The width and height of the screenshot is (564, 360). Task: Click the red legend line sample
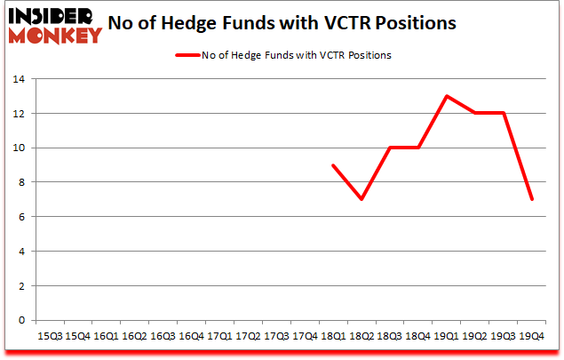[189, 55]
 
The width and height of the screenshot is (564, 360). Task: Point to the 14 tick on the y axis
[20, 80]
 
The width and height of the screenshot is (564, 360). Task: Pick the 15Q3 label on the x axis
[50, 336]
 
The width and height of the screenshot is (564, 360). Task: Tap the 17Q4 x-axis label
[305, 336]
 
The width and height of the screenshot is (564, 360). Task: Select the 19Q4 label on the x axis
[531, 336]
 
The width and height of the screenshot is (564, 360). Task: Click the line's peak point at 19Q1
[446, 96]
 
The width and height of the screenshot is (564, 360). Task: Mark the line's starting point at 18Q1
[332, 165]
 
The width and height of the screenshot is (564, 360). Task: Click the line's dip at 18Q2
[361, 199]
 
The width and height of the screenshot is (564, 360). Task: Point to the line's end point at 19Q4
[531, 199]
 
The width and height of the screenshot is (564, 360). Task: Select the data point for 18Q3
[389, 148]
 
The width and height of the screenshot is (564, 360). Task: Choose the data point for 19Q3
[503, 114]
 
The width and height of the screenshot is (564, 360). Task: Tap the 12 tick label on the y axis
[20, 114]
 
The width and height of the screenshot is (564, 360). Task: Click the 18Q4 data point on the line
[417, 148]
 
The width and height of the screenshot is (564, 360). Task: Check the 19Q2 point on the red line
[474, 114]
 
